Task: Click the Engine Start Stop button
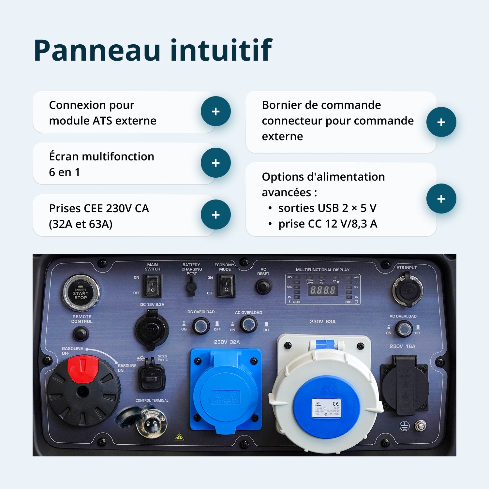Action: (81, 292)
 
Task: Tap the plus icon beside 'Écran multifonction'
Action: (215, 163)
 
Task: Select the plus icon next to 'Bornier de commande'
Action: (441, 122)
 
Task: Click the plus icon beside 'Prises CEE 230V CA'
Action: (215, 215)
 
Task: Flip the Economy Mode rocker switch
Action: (226, 286)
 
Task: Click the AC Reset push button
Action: (263, 286)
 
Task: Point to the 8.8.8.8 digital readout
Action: (322, 290)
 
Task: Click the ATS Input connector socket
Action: (407, 290)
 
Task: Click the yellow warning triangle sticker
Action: (179, 437)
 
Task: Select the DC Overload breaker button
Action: (201, 326)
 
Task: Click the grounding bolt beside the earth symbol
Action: (420, 426)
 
